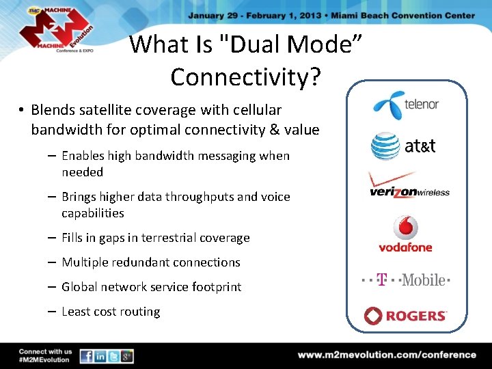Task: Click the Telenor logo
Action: tap(405, 105)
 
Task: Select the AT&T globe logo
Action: tap(385, 146)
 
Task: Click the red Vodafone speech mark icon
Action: tap(405, 228)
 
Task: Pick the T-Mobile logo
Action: tap(405, 279)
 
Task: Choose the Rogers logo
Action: tap(405, 316)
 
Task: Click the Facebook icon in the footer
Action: tap(87, 356)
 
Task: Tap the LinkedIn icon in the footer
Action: tap(100, 356)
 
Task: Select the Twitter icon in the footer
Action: tap(113, 356)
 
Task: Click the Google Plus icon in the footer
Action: tap(126, 356)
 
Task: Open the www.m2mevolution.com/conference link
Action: tap(386, 355)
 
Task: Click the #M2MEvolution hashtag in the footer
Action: tap(44, 360)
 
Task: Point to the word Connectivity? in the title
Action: tap(245, 77)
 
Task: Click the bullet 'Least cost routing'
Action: tap(111, 312)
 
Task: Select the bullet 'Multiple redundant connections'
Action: tap(151, 262)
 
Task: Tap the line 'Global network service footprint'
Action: tap(151, 287)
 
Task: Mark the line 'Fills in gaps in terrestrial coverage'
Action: tap(156, 238)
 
